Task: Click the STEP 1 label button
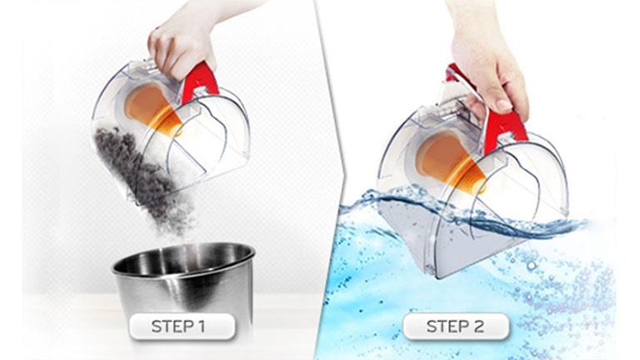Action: click(x=182, y=327)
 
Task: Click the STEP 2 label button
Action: click(x=456, y=326)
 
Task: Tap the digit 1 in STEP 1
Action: click(x=200, y=327)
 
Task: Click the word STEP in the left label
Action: click(x=172, y=327)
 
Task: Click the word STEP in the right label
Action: click(x=446, y=327)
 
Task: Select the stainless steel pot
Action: click(x=183, y=282)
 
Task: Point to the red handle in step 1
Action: click(x=199, y=81)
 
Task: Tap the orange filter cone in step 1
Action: click(x=151, y=109)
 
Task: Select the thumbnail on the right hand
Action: click(x=504, y=106)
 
